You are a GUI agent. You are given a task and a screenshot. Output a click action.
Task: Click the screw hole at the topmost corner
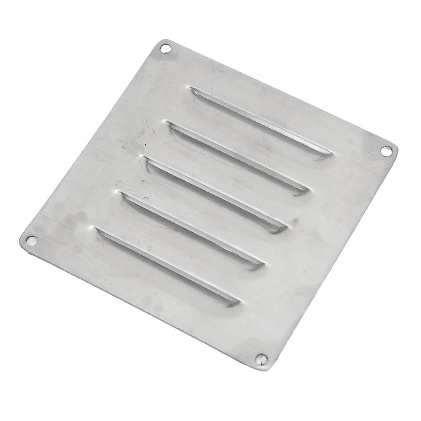pyautogui.click(x=165, y=49)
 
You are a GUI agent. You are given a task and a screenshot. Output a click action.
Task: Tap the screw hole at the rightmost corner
pyautogui.click(x=386, y=151)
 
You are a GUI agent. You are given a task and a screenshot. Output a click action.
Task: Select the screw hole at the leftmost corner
pyautogui.click(x=31, y=241)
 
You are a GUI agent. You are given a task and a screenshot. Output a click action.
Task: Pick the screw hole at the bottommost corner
pyautogui.click(x=261, y=359)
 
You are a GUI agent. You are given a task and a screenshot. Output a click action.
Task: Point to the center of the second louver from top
pyautogui.click(x=238, y=158)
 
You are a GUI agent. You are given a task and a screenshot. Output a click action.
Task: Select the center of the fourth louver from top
pyautogui.click(x=192, y=230)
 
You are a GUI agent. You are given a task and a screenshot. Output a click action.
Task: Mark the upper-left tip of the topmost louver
pyautogui.click(x=192, y=88)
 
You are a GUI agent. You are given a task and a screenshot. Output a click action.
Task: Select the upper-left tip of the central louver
pyautogui.click(x=143, y=158)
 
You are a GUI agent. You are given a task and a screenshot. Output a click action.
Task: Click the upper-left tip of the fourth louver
pyautogui.click(x=122, y=194)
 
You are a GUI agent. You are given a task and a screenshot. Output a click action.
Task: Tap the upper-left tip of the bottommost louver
pyautogui.click(x=97, y=230)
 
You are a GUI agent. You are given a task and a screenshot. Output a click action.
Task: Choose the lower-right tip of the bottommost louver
pyautogui.click(x=238, y=303)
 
